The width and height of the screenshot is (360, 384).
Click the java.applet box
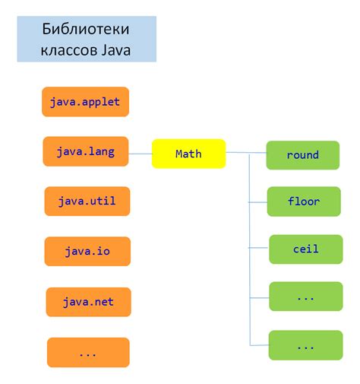pyautogui.click(x=85, y=101)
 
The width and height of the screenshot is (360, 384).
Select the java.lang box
pyautogui.click(x=85, y=152)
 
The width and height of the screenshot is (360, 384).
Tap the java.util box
pyautogui.click(x=86, y=202)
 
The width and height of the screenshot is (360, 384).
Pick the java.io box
pyautogui.click(x=87, y=251)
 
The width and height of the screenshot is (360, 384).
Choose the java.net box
pyautogui.click(x=87, y=302)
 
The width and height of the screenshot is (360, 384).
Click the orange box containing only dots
pyautogui.click(x=88, y=352)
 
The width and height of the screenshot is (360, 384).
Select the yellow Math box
pyautogui.click(x=188, y=154)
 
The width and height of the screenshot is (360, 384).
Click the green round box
pyautogui.click(x=302, y=155)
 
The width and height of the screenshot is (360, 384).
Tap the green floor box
pyautogui.click(x=304, y=202)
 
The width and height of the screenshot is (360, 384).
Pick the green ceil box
pyautogui.click(x=305, y=249)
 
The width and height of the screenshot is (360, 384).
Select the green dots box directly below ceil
pyautogui.click(x=305, y=297)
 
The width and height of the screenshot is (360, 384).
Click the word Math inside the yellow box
pyautogui.click(x=188, y=154)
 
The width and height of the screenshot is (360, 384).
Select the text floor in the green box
pyautogui.click(x=304, y=202)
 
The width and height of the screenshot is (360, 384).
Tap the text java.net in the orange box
pyautogui.click(x=87, y=302)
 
